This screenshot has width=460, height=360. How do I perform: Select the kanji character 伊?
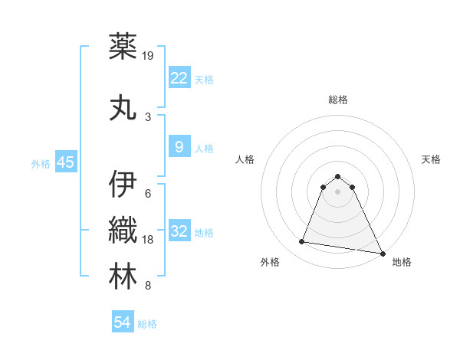123,185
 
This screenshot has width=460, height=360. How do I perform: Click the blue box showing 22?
179,78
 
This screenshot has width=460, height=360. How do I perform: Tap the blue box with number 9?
179,147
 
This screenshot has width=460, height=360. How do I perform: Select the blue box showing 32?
179,231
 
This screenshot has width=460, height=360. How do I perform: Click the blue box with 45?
65,162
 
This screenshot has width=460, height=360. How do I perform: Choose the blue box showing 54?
123,323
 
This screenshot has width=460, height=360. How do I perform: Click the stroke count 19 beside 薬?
149,55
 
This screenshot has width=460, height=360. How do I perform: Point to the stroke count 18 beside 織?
149,240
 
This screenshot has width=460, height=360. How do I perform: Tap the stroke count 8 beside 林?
148,286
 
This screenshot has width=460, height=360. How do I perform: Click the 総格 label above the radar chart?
338,100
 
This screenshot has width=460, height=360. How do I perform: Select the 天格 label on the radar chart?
432,159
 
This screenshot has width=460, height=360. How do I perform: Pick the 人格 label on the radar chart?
245,159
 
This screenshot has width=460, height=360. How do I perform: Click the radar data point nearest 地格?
383,254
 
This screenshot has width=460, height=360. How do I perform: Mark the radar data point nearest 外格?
302,242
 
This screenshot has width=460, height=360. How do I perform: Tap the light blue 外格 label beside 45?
40,163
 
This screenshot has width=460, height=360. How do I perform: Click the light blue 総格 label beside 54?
147,324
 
